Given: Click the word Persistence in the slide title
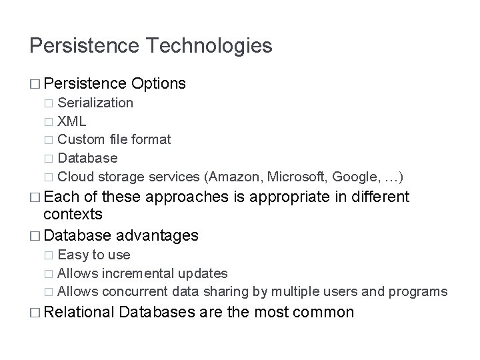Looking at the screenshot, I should (x=83, y=46).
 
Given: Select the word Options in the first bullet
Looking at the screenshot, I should (x=159, y=83).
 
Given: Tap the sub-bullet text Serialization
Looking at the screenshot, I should (x=95, y=103).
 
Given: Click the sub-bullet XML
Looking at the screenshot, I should (x=71, y=121).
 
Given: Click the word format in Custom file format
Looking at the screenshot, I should (x=153, y=139).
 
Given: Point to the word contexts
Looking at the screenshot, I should (x=73, y=215).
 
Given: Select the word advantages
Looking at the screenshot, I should (x=157, y=235).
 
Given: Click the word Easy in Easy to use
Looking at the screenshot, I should (x=72, y=255).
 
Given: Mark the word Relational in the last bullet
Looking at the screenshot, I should (x=80, y=312).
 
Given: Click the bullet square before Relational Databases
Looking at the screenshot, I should (x=35, y=312).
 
